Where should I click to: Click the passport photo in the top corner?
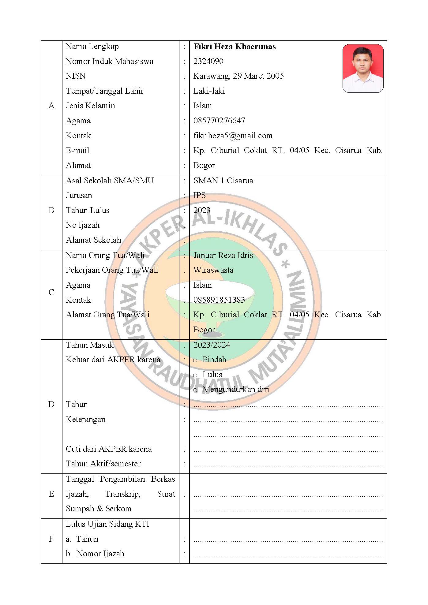point(363,68)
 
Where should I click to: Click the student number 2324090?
point(208,61)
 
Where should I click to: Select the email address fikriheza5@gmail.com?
point(233,136)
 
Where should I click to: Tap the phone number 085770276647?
point(219,121)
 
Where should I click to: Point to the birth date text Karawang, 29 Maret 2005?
point(238,76)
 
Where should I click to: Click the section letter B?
point(51,210)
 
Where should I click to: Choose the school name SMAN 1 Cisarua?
point(223,181)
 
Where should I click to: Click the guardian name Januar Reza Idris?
point(223,255)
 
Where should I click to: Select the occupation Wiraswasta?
point(213,270)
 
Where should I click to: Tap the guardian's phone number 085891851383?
point(219,300)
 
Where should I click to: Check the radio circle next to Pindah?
point(195,360)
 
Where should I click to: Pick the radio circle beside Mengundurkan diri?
point(195,390)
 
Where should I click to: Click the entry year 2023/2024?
point(212,345)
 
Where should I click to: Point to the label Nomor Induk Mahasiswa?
point(109,61)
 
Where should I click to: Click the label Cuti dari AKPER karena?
point(109,449)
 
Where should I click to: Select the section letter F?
point(51,539)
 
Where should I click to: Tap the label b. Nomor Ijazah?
point(95,554)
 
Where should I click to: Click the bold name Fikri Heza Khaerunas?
point(235,47)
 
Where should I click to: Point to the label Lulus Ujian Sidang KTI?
point(107,524)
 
